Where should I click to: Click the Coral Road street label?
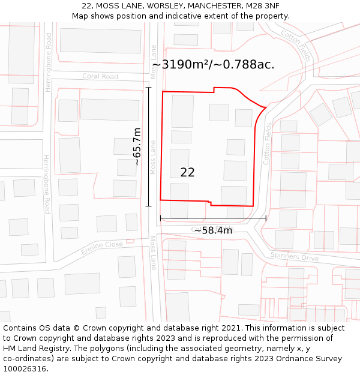[100, 77]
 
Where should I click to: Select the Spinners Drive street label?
[294, 256]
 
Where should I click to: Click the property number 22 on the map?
[187, 172]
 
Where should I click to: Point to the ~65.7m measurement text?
[137, 147]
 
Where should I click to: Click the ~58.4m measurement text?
[212, 230]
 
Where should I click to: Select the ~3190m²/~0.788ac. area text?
[213, 65]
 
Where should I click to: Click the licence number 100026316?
[26, 369]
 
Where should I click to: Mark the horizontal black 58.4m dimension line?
[213, 218]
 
